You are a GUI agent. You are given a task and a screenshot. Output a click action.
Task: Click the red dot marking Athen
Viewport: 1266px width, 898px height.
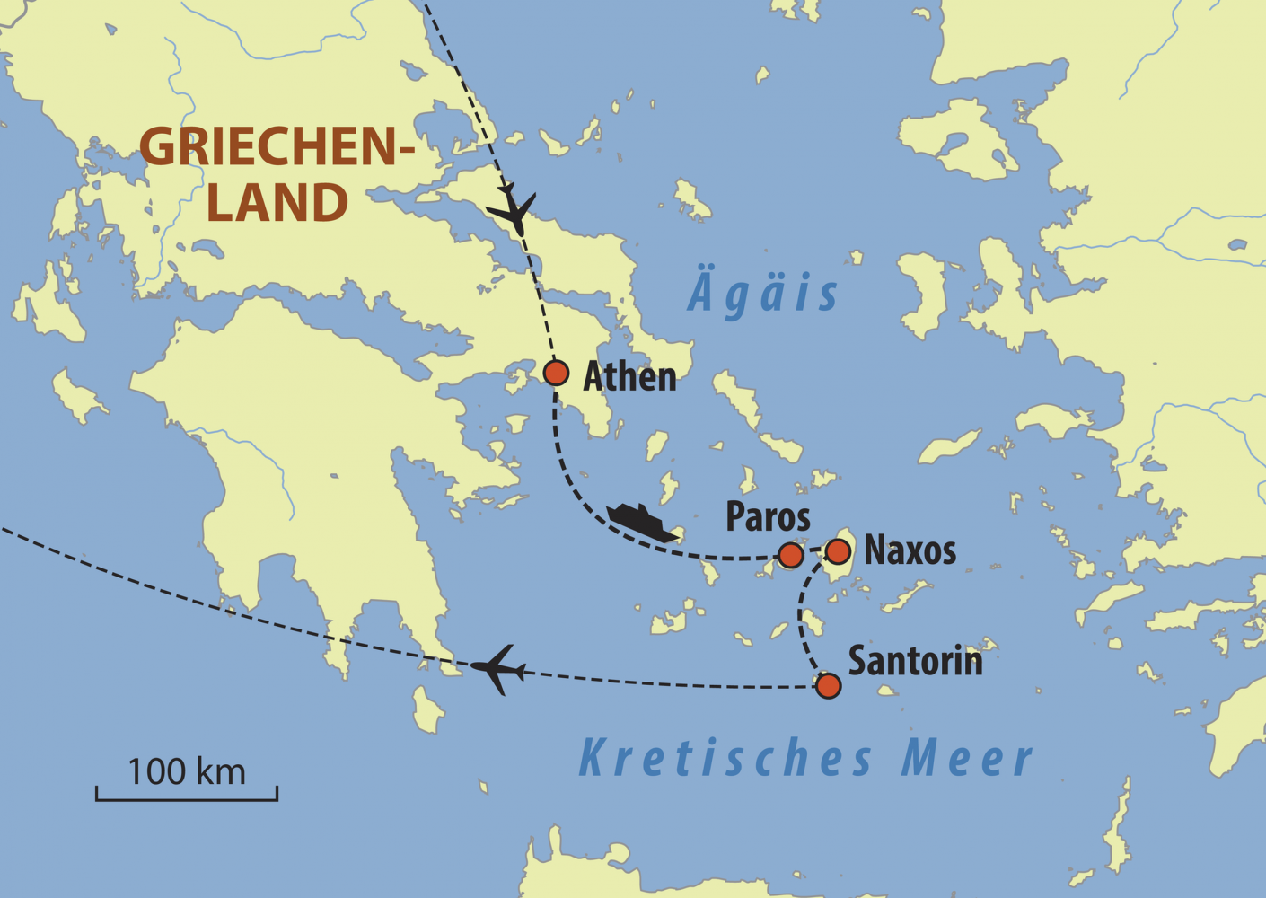pos(556,372)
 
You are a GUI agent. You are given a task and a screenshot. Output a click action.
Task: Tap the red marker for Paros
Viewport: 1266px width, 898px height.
pos(790,555)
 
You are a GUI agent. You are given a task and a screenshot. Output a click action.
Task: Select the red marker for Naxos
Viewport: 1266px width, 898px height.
pos(838,550)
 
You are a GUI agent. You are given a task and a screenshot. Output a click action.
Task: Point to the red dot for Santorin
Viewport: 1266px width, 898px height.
pos(828,686)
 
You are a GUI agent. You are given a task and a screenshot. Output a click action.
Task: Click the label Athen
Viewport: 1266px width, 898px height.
pos(629,376)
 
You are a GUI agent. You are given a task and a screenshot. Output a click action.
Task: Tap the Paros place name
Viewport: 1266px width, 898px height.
pos(768,517)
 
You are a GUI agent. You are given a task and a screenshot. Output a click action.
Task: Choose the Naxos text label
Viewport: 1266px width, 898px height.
pos(910,550)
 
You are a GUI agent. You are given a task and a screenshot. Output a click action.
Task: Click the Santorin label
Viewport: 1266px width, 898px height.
pos(915,661)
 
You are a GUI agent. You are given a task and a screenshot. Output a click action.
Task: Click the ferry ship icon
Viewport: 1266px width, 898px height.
pos(641,522)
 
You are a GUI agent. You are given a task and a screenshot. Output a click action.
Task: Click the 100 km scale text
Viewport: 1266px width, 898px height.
pos(187,772)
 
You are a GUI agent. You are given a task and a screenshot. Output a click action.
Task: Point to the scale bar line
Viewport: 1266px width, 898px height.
pos(187,798)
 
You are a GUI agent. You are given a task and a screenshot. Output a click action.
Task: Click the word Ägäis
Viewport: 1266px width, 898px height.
pos(763,294)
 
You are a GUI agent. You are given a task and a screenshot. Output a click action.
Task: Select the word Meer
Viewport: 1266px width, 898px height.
pos(967,758)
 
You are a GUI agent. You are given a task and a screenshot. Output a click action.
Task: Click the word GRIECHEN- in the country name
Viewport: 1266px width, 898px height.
pos(277,146)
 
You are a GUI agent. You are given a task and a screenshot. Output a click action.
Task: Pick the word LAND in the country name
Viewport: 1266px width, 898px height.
pos(277,203)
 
